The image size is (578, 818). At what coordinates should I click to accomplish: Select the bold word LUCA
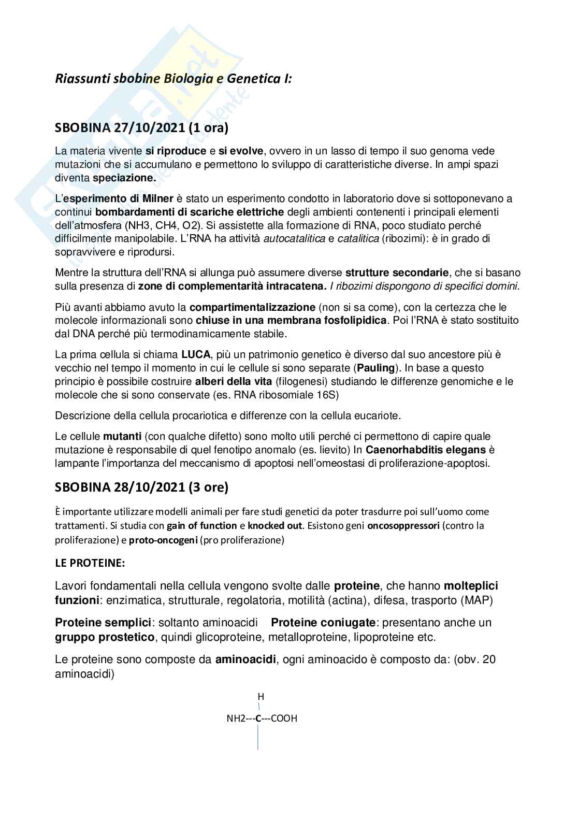(196, 355)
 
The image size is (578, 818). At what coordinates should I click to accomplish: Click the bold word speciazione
(124, 178)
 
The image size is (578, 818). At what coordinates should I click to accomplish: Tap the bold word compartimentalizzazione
(252, 307)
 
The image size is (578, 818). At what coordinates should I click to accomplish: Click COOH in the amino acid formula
(284, 719)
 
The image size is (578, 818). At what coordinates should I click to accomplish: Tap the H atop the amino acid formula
(261, 697)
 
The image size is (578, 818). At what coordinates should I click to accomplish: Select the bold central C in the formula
(258, 719)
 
